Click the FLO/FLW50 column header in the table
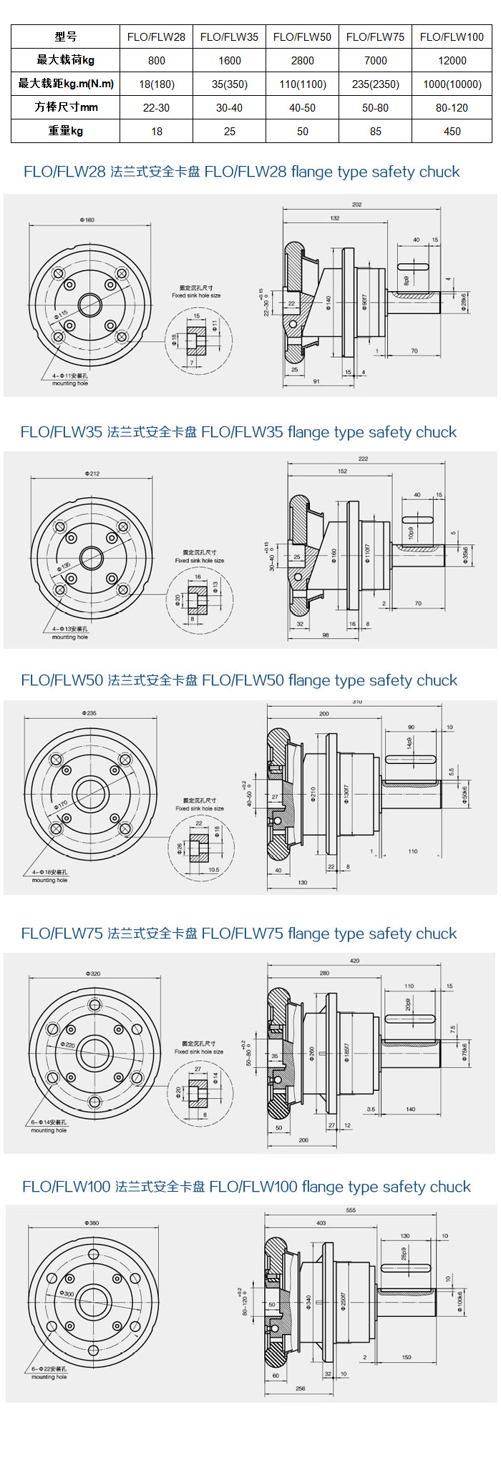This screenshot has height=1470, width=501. pos(302,37)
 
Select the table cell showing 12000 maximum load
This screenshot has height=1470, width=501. pos(452,61)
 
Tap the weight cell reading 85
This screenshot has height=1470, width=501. pos(375,132)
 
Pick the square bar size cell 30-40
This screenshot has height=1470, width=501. pos(229,108)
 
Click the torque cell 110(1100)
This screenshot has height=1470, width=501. pos(302,84)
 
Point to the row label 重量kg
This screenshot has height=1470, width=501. pos(65,132)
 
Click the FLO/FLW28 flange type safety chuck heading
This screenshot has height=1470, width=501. pos(241,172)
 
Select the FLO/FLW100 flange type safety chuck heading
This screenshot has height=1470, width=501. pos(246,1187)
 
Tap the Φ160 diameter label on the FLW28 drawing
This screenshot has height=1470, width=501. pos(87,220)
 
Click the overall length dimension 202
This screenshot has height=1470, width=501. pos(356,205)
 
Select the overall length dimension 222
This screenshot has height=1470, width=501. pos(363,459)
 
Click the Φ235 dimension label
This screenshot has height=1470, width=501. pos(89,713)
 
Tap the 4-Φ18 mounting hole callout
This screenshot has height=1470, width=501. pos(49,873)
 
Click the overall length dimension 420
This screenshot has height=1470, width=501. pos(354,961)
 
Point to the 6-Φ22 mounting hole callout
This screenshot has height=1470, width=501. pos(49,1369)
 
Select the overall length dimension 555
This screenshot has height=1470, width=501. pos(351,1210)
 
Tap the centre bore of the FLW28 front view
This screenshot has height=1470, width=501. pos(89,305)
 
